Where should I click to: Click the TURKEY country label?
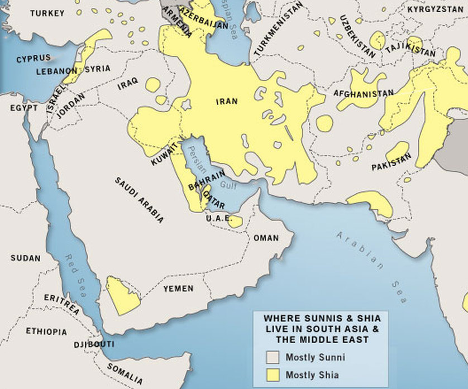pos(47,13)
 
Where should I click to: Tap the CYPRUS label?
pos(33,58)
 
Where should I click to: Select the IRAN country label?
pos(227,102)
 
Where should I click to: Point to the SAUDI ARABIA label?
pos(140,200)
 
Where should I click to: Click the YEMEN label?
pos(178,289)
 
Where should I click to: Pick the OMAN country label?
pos(266,238)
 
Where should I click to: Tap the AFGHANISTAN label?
pos(364,93)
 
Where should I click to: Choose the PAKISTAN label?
pos(391,162)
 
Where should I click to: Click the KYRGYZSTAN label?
pos(435,9)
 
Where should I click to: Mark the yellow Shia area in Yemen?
pos(121,295)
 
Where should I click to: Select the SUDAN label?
pos(25,258)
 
